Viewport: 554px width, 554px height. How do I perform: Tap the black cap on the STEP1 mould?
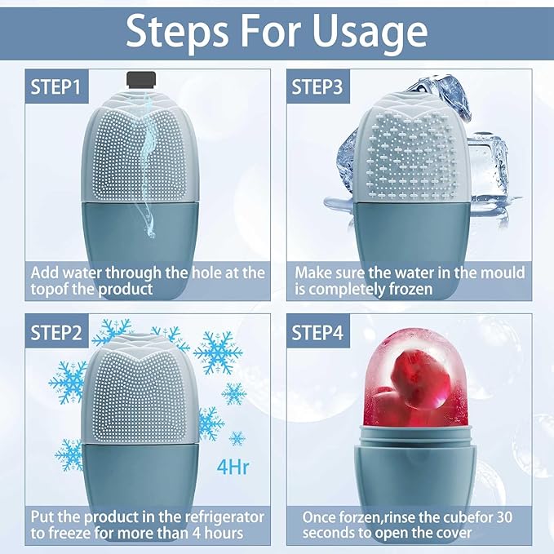point(140,79)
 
